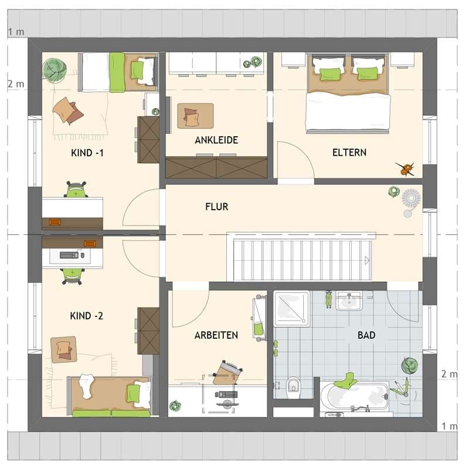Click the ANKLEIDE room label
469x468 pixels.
(216, 140)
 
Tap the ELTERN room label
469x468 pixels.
(349, 153)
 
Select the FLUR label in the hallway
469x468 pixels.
(217, 207)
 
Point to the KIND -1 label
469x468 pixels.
(87, 153)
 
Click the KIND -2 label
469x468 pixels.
(86, 316)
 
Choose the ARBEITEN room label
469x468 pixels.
(216, 335)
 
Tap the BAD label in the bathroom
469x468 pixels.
(366, 335)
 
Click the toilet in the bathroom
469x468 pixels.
(293, 388)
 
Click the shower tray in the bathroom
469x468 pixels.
(291, 309)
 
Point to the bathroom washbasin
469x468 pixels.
(349, 301)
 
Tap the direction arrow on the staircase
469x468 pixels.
(367, 260)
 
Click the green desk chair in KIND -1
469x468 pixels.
(76, 189)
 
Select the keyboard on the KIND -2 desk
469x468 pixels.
(69, 255)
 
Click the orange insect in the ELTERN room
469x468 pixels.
(406, 169)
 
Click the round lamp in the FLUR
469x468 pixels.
(412, 198)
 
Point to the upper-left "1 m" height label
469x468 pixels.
(16, 32)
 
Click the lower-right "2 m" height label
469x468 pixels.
(449, 374)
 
